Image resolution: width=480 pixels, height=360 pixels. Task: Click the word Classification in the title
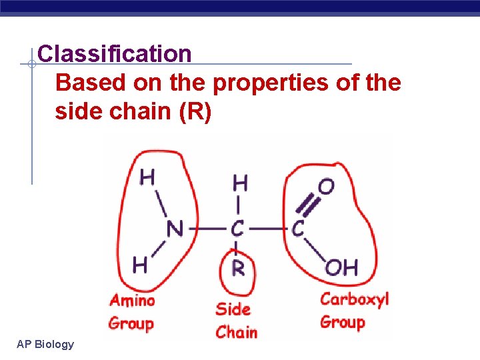pyautogui.click(x=115, y=53)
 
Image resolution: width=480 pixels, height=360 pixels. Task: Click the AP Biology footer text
pyautogui.click(x=45, y=344)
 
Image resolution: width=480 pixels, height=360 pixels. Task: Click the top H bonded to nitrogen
pyautogui.click(x=148, y=177)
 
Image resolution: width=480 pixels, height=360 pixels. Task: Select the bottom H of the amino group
pyautogui.click(x=140, y=265)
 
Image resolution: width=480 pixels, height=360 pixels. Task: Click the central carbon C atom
pyautogui.click(x=238, y=229)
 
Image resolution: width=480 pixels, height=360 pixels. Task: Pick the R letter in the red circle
pyautogui.click(x=239, y=268)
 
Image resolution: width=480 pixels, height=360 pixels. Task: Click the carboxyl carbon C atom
pyautogui.click(x=298, y=229)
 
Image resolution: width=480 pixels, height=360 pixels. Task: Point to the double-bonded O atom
pyautogui.click(x=326, y=186)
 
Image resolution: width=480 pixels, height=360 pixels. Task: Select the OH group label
pyautogui.click(x=341, y=267)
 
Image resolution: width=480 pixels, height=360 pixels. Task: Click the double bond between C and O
pyautogui.click(x=310, y=206)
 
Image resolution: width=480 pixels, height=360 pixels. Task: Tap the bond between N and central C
pyautogui.click(x=207, y=229)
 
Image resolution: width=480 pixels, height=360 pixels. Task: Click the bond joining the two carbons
pyautogui.click(x=268, y=229)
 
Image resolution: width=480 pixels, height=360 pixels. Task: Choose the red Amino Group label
pyautogui.click(x=132, y=311)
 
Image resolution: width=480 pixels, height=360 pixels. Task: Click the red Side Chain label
pyautogui.click(x=236, y=320)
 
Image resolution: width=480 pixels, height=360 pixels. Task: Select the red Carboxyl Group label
pyautogui.click(x=353, y=310)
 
